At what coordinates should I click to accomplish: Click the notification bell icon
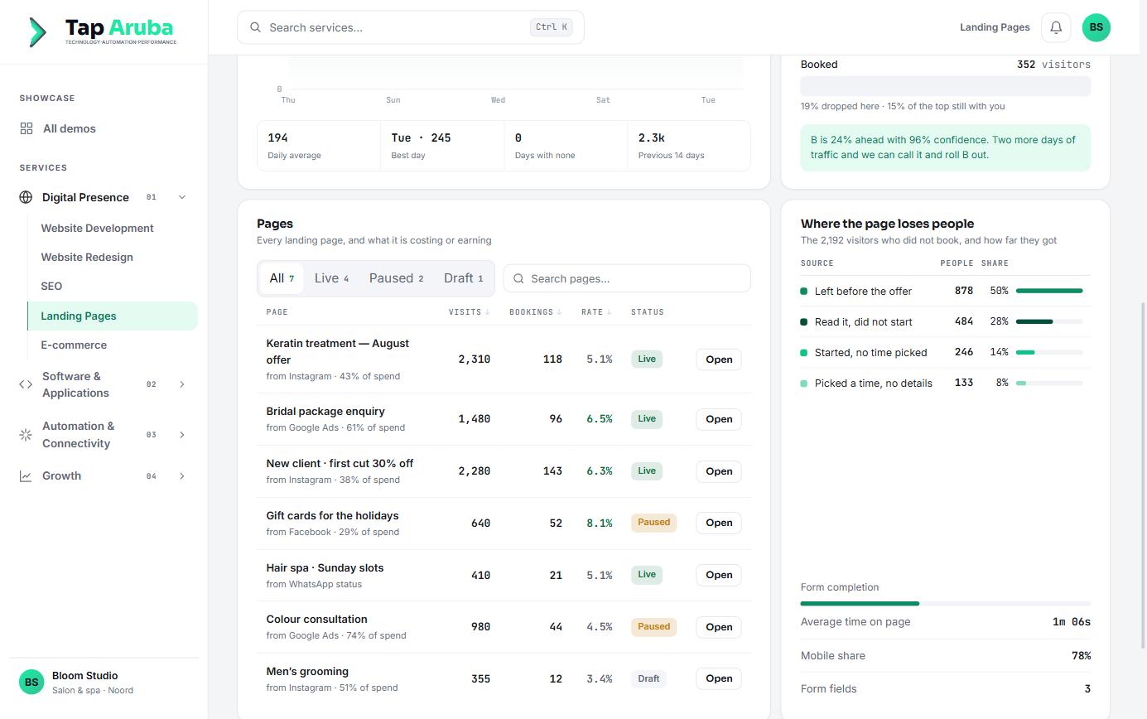coord(1055,27)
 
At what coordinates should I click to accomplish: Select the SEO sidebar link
coord(51,287)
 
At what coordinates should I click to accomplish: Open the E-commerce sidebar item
coord(74,345)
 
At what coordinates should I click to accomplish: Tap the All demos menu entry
coord(69,128)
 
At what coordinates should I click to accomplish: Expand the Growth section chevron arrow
coord(181,476)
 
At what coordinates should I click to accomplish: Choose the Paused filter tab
coord(396,278)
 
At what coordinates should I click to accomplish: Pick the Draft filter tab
coord(463,278)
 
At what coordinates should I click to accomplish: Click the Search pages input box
coord(627,278)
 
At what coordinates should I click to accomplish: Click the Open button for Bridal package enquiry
coord(718,419)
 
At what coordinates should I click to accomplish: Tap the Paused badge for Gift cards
coord(653,523)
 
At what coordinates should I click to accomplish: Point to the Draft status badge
coord(648,678)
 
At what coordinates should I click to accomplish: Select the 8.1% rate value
coord(599,523)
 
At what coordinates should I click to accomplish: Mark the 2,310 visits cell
coord(474,359)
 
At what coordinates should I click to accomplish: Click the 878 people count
coord(963,291)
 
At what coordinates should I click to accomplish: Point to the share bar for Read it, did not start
coord(1048,321)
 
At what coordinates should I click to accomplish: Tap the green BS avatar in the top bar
coord(1096,27)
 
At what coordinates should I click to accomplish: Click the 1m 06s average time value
coord(1071,622)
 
